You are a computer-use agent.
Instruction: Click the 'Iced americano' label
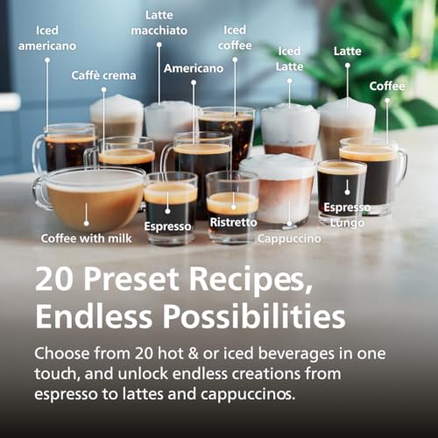(x=48, y=38)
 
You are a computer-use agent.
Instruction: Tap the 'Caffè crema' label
(x=103, y=75)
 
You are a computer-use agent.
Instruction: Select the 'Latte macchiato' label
(x=159, y=23)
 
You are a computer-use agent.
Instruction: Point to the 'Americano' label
(x=194, y=68)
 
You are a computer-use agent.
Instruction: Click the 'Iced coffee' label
(x=235, y=38)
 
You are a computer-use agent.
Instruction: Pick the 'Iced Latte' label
(x=289, y=59)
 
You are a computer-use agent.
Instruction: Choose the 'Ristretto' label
(x=232, y=223)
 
